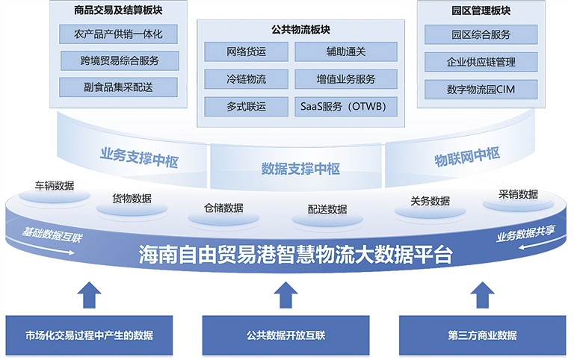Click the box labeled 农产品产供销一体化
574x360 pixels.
pos(119,34)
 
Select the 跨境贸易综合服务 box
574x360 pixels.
pos(119,60)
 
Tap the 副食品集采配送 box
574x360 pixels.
pos(119,87)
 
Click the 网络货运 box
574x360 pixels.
pos(246,52)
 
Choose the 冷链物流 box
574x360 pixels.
pos(246,78)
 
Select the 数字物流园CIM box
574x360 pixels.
pos(481,90)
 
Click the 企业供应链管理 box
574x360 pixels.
pos(481,62)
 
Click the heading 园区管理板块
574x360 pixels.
pos(481,11)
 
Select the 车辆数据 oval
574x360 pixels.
pos(55,187)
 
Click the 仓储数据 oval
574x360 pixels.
pos(223,209)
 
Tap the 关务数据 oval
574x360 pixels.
pos(430,202)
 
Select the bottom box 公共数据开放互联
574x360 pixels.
pos(286,335)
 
